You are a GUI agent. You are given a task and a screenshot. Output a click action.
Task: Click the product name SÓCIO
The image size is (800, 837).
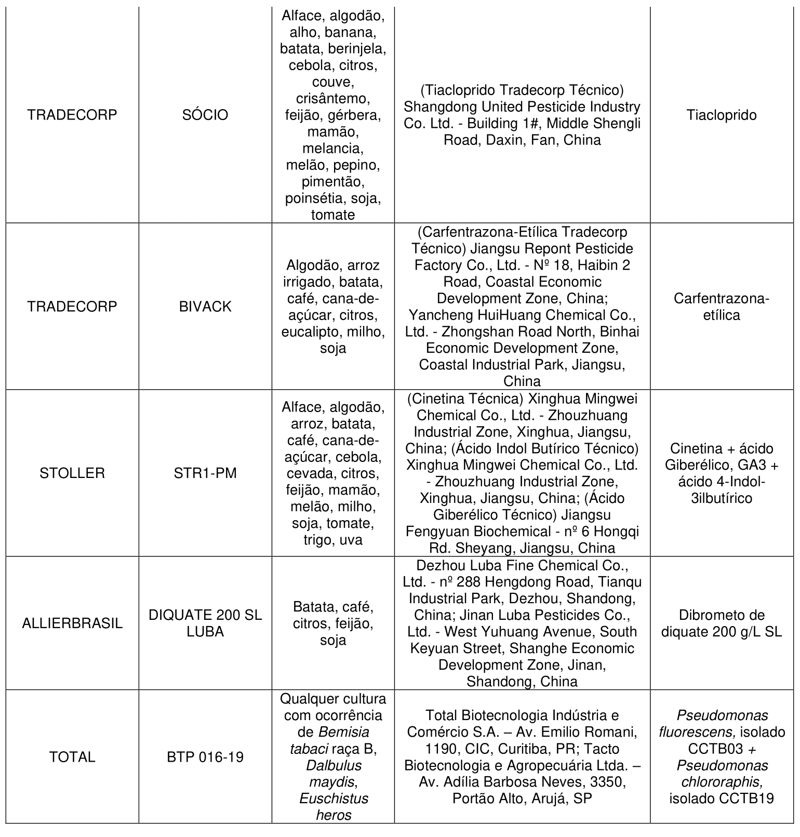(205, 115)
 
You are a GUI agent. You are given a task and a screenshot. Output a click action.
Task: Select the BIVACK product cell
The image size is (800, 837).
(205, 307)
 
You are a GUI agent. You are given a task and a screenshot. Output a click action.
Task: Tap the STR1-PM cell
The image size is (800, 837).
(205, 473)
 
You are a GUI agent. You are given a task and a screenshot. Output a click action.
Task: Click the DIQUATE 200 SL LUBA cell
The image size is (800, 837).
(205, 623)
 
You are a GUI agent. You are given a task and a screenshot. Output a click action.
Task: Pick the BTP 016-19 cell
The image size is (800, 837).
(205, 757)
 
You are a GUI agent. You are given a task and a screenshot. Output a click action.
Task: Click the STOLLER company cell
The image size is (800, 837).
(72, 473)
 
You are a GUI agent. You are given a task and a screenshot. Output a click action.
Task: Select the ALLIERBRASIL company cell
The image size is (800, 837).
(72, 623)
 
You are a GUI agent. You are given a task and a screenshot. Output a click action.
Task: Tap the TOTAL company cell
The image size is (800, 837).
(72, 757)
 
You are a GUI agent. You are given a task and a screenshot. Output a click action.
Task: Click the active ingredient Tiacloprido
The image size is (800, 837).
(722, 115)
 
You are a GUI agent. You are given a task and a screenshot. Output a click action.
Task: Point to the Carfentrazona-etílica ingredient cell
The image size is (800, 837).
(722, 307)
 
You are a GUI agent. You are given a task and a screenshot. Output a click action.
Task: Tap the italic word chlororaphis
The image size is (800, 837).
(721, 782)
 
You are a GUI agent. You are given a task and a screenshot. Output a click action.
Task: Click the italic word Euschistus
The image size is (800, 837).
(334, 799)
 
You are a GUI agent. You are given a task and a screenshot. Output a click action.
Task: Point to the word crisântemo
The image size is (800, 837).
(333, 98)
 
